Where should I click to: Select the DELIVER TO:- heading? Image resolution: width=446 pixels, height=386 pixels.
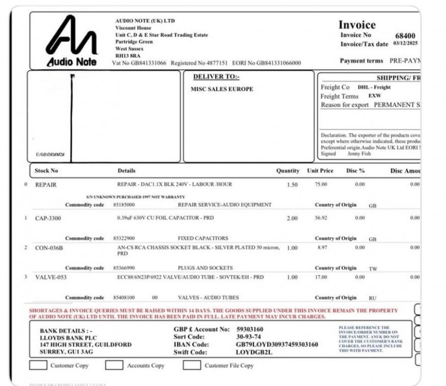pos(216,77)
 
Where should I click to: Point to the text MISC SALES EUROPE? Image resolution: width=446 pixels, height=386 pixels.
pos(222,89)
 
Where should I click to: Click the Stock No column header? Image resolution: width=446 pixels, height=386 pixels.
pos(46,171)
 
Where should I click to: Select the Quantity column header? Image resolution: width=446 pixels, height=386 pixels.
pos(288,171)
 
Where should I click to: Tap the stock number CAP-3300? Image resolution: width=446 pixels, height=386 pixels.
pos(48,218)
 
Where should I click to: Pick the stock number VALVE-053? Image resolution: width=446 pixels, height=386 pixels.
pos(51,277)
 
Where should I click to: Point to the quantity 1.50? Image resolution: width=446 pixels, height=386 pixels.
pos(292,184)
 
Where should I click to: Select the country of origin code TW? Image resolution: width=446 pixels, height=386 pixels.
pos(372,269)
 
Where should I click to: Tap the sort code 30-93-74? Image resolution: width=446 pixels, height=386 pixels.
pos(249,337)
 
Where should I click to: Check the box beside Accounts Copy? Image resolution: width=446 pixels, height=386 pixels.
pos(114,365)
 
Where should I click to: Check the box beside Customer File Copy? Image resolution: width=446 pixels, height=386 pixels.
pos(191,365)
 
